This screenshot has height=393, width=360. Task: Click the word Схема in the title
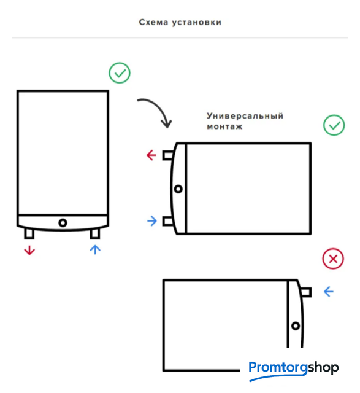pos(153,22)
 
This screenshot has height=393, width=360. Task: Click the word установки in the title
pos(196,23)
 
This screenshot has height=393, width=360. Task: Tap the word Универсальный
pos(245,116)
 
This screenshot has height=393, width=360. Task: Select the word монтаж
pos(224,126)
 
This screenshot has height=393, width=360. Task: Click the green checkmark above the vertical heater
pos(120,73)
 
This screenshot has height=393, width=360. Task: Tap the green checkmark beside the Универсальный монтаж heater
pos(334,125)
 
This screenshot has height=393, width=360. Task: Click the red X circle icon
pos(333,259)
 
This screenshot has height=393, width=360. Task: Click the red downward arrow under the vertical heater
pos(29,250)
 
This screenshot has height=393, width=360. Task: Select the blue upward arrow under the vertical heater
pos(95,250)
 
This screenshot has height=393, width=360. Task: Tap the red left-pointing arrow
pos(151,155)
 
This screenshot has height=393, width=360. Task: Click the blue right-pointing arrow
pos(152,221)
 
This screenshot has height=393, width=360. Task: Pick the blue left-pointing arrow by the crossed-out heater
pos(329,292)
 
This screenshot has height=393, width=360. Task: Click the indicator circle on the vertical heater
pos(63,222)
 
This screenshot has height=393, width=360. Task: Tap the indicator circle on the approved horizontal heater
pos(178,189)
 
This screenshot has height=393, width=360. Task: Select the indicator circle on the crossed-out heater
pos(296,326)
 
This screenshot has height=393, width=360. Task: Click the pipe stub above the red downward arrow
pos(29,233)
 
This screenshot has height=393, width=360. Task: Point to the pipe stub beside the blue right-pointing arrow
pos(167,221)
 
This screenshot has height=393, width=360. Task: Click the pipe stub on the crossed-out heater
pos(306,292)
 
